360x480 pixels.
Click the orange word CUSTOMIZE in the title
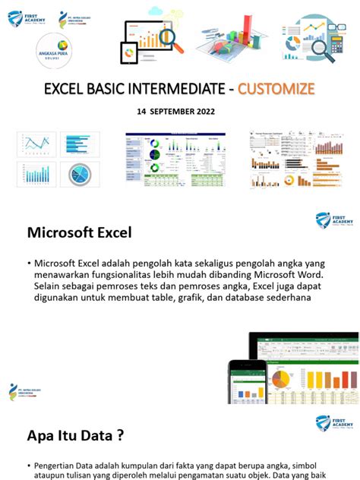pos(276,89)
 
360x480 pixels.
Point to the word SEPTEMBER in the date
pos(172,111)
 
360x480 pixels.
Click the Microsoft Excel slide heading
pos(79,232)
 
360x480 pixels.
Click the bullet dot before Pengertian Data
pos(27,465)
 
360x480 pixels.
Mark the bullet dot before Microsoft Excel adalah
pos(27,264)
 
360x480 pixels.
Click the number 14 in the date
pos(141,111)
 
